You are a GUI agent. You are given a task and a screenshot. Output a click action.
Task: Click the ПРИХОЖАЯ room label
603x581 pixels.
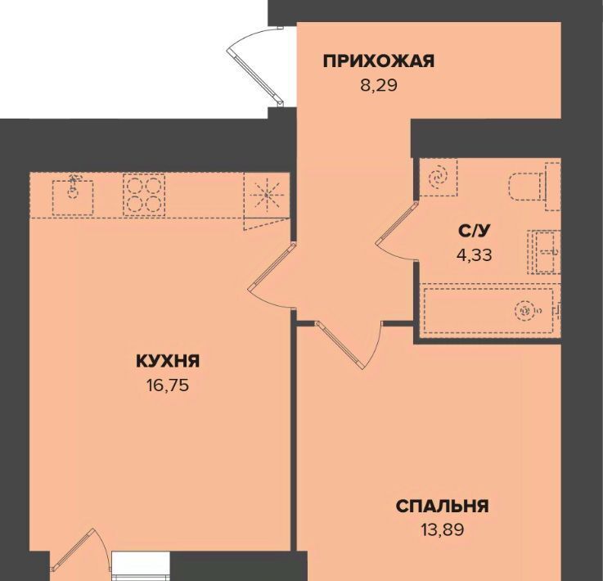pyautogui.click(x=379, y=61)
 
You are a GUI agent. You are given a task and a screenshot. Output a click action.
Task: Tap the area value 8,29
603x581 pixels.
pyautogui.click(x=379, y=85)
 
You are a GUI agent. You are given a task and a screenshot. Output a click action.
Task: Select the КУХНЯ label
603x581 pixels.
pyautogui.click(x=168, y=361)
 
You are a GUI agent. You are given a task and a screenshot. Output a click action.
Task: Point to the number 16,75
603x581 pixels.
pyautogui.click(x=168, y=385)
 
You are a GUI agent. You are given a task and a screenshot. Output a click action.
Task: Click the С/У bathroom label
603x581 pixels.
pyautogui.click(x=475, y=231)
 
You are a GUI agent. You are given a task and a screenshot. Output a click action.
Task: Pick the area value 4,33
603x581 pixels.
pyautogui.click(x=475, y=254)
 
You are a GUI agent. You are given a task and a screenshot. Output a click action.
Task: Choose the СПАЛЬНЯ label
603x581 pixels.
pyautogui.click(x=443, y=506)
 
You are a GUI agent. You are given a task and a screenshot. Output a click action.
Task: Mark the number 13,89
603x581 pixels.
pyautogui.click(x=443, y=530)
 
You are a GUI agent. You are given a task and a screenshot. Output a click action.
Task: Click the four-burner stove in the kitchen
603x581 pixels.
pyautogui.click(x=144, y=195)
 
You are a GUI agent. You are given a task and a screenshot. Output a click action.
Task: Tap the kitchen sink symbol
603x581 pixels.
pyautogui.click(x=73, y=197)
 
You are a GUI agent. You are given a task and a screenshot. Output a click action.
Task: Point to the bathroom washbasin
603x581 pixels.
pyautogui.click(x=544, y=252)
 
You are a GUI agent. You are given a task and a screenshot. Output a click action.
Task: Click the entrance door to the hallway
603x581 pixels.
pyautogui.click(x=255, y=76)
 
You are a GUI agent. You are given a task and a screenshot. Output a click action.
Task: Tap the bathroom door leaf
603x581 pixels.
pyautogui.click(x=398, y=222)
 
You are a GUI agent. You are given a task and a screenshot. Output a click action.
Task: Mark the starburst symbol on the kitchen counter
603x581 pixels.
pyautogui.click(x=267, y=195)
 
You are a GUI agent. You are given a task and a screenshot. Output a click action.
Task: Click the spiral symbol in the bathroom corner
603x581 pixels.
pyautogui.click(x=438, y=178)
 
